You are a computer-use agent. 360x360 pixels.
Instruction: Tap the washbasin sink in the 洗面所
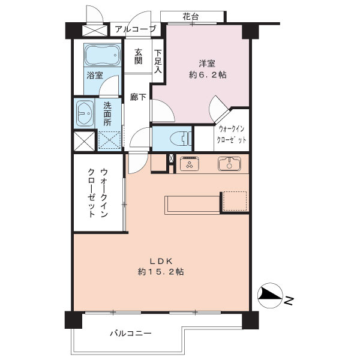pyautogui.click(x=85, y=112)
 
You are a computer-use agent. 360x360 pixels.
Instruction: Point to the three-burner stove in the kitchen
pyautogui.click(x=189, y=163)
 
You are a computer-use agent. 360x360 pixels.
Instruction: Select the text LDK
pyautogui.click(x=161, y=261)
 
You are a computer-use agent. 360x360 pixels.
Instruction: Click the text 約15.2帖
pyautogui.click(x=160, y=272)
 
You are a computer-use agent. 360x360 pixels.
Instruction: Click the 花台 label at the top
pyautogui.click(x=191, y=17)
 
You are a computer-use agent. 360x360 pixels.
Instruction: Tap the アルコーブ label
pyautogui.click(x=135, y=29)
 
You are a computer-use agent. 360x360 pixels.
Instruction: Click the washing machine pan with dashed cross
pyautogui.click(x=109, y=140)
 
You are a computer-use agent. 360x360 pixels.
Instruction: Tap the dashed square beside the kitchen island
pyautogui.click(x=235, y=202)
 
